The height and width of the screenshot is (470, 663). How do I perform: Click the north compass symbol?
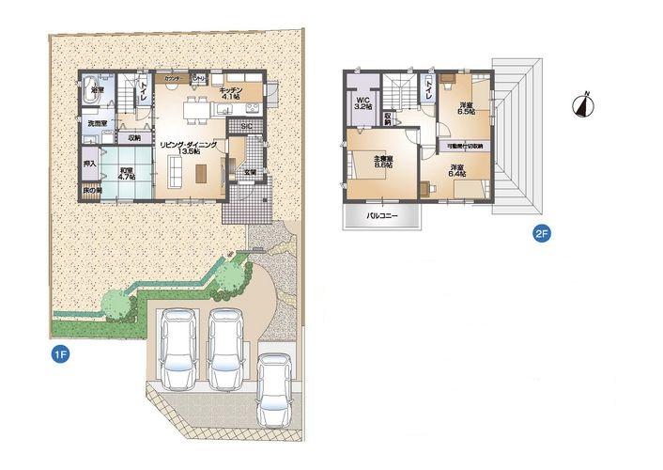[584, 105]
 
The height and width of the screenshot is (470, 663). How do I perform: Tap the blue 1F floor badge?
[60, 354]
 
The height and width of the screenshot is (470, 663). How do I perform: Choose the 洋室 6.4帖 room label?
[456, 170]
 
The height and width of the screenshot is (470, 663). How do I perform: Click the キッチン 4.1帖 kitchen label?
[232, 92]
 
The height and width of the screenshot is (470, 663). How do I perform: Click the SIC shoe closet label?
[246, 126]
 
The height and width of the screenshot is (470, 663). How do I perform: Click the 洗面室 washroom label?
[97, 124]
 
